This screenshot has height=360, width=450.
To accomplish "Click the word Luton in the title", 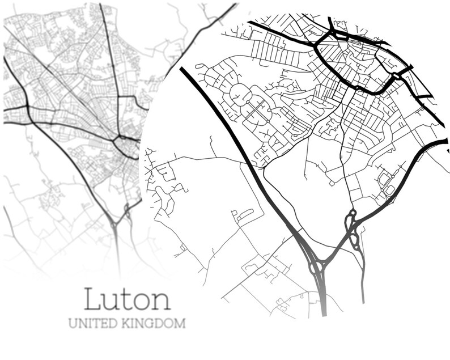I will tap(128, 299).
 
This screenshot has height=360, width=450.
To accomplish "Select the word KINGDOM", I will tap(152, 324).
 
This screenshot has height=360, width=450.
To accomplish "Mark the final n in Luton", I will tap(161, 301).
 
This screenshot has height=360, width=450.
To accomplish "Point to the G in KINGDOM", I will tap(148, 324).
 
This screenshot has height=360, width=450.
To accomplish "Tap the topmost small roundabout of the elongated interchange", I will tap(350, 215).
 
